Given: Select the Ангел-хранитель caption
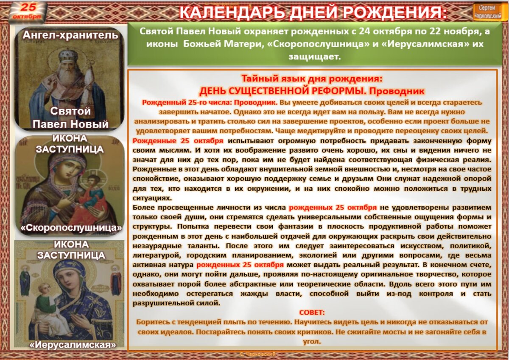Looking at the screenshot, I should (x=70, y=35).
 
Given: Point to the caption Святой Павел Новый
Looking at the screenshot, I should (x=70, y=117).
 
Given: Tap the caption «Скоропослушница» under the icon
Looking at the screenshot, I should (x=71, y=228).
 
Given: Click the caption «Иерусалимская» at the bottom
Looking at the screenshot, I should (x=73, y=345).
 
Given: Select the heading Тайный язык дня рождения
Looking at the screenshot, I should (x=312, y=78).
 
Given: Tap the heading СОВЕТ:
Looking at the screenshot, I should (x=312, y=313).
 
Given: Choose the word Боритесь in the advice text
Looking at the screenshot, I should (x=151, y=322).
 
